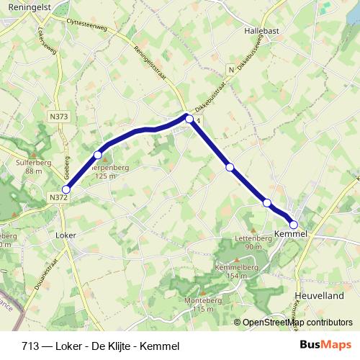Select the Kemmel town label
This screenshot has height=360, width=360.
tap(291, 234)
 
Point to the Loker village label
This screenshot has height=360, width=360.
tap(66, 235)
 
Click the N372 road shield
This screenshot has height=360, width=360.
tap(58, 197)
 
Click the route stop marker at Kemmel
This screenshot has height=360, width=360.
tap(293, 224)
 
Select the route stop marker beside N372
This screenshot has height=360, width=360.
tap(66, 190)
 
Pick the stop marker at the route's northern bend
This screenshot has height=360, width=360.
tap(189, 120)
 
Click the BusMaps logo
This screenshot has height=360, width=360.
tap(325, 345)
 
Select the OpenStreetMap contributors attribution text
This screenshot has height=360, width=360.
tap(297, 323)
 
